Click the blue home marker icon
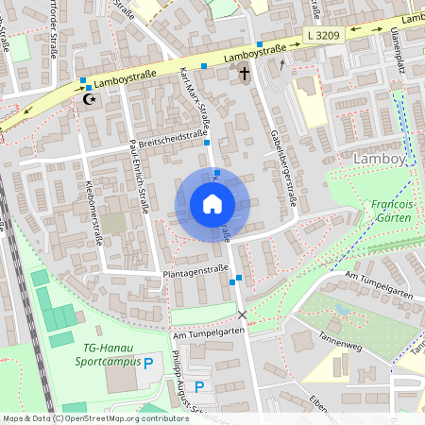pos(212,203)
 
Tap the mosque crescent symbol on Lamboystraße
pos(91,98)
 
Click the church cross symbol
pos(245,73)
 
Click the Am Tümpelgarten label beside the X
pos(210,332)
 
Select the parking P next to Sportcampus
pos(148,363)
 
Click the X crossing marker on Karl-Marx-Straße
pos(243,314)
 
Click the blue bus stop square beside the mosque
pos(83,81)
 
